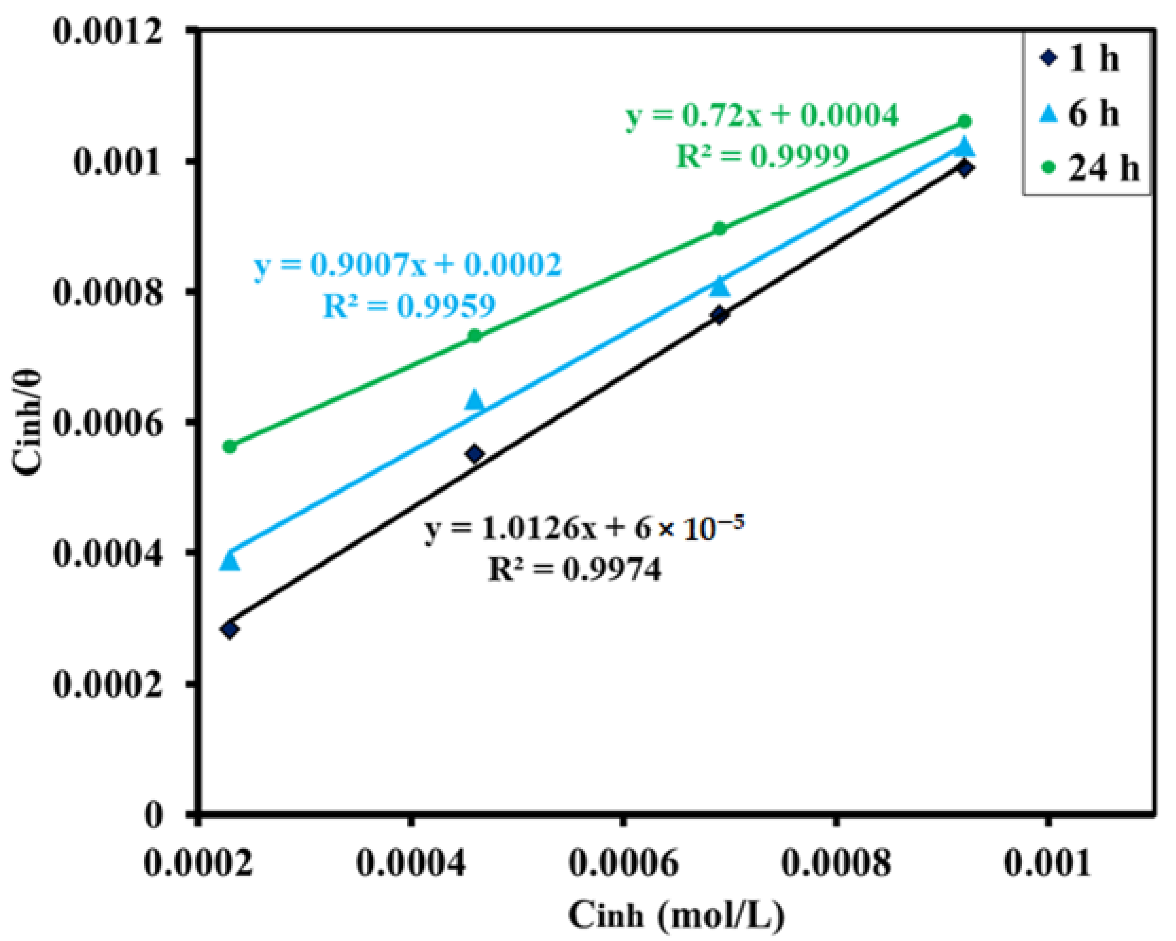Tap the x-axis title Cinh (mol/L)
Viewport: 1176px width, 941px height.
[x=676, y=915]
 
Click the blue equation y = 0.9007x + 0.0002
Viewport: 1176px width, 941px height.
[x=408, y=266]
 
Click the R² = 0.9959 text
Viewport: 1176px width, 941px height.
[x=409, y=306]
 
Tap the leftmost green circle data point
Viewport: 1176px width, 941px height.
[x=230, y=446]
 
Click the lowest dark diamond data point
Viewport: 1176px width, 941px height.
[x=230, y=630]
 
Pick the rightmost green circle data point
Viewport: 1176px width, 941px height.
[x=964, y=121]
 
